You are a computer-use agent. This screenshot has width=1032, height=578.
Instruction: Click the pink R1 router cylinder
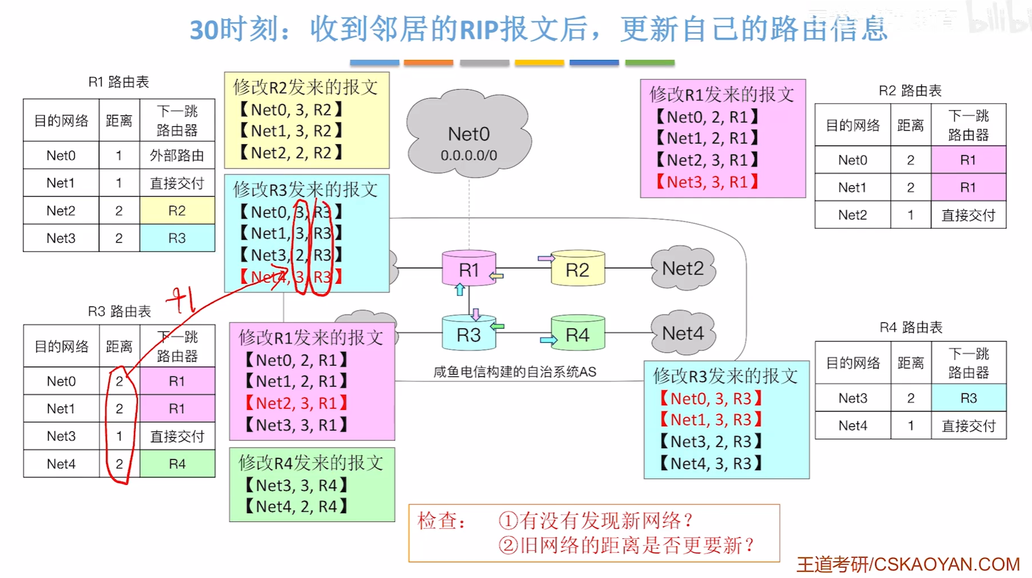[x=469, y=269]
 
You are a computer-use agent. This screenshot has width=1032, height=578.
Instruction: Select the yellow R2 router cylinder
[x=577, y=269]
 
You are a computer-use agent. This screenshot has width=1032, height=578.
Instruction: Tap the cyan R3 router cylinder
[x=469, y=334]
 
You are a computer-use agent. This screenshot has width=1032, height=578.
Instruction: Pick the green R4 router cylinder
[x=577, y=334]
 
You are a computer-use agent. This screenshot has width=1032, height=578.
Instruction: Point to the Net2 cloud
[x=683, y=268]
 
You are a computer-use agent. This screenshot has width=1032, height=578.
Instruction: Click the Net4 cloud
[x=683, y=333]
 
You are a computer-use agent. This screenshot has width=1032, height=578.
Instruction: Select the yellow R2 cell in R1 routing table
[x=177, y=211]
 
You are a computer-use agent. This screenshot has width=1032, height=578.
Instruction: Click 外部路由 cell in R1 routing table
[x=177, y=156]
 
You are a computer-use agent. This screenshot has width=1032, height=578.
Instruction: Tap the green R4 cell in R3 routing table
[x=177, y=464]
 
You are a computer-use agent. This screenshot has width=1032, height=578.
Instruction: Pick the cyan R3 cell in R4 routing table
[x=968, y=398]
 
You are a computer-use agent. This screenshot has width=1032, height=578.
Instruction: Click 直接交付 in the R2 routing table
[x=968, y=215]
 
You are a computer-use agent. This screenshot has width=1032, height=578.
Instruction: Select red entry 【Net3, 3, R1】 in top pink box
[x=708, y=182]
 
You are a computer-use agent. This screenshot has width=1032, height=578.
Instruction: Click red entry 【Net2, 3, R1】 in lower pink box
[x=297, y=403]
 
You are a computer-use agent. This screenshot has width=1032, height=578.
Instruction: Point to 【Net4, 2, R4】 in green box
[x=297, y=507]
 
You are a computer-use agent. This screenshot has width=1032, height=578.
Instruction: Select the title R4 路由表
[x=911, y=327]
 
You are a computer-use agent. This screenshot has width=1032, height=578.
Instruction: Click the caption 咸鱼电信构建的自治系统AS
[x=515, y=372]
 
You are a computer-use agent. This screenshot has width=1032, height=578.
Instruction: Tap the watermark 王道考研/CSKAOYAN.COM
[x=908, y=564]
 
